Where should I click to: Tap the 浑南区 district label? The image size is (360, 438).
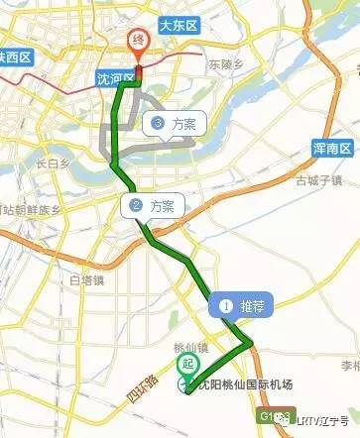(x=333, y=148)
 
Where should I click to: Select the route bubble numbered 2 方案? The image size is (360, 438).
(x=152, y=206)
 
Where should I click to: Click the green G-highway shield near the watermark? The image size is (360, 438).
(x=273, y=416)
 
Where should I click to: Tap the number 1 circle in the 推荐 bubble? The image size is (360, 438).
(x=225, y=307)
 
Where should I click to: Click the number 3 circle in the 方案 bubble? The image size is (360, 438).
(x=158, y=124)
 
